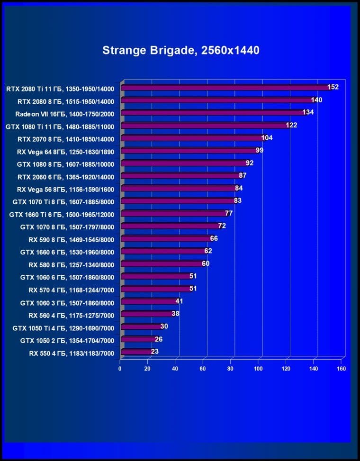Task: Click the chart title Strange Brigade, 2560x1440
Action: [180, 50]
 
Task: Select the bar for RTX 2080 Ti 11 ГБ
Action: [225, 88]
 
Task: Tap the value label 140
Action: [316, 100]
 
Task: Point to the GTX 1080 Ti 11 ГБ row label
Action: [61, 126]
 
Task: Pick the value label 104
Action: [267, 138]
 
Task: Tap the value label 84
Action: [238, 188]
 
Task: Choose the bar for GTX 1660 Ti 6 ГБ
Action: [173, 214]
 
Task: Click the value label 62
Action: [208, 251]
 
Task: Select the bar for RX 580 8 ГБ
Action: [162, 264]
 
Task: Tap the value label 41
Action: [179, 301]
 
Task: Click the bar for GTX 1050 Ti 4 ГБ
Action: [141, 326]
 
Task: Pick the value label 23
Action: [155, 352]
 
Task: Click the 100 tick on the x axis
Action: [258, 369]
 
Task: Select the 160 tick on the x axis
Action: [341, 369]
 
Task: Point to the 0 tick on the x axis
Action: [120, 369]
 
